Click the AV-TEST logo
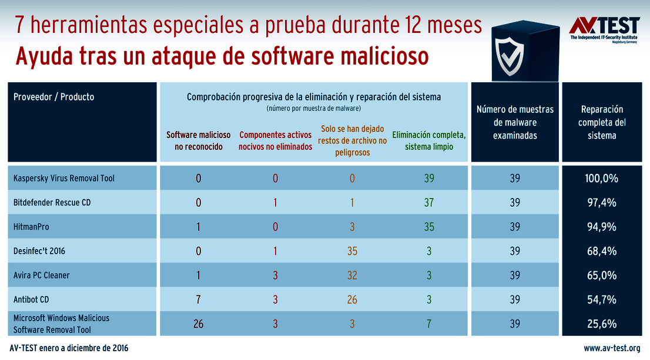[x=605, y=29]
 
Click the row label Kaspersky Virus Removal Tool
[x=64, y=179]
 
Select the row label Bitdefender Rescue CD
[x=52, y=203]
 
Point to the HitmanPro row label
[x=31, y=227]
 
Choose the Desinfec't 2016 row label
[x=39, y=251]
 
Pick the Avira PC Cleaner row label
[x=42, y=275]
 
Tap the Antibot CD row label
[x=31, y=300]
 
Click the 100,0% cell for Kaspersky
[x=601, y=179]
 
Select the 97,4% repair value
[x=601, y=203]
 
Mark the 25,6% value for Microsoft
[x=601, y=324]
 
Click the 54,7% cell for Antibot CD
[x=601, y=300]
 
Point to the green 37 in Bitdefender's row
[x=429, y=203]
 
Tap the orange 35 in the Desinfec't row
[x=352, y=251]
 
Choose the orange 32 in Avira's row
[x=352, y=275]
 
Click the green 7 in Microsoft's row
[x=429, y=324]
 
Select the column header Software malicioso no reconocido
[x=199, y=141]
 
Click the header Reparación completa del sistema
[x=602, y=122]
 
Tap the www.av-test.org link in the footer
[x=612, y=348]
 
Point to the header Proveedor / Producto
[x=54, y=97]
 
